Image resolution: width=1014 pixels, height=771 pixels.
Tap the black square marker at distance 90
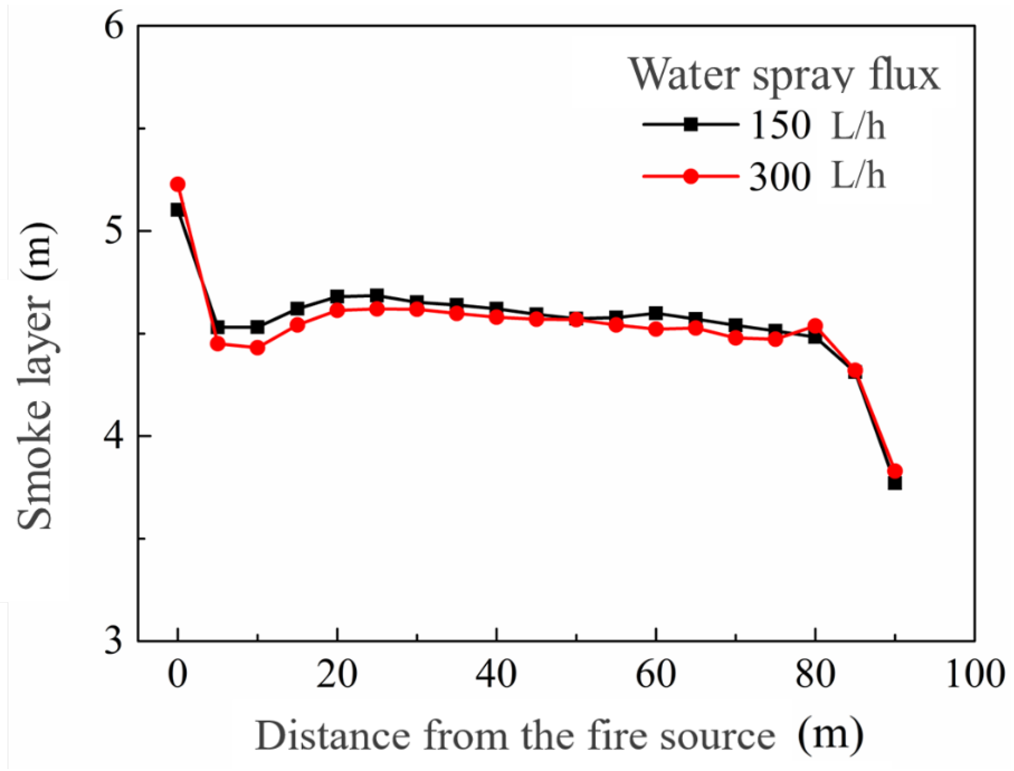pyautogui.click(x=895, y=483)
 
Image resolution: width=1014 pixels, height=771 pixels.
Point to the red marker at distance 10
pyautogui.click(x=258, y=348)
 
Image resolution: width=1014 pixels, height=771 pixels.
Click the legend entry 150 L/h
pyautogui.click(x=817, y=125)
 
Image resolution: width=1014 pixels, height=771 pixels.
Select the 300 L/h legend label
pyautogui.click(x=817, y=177)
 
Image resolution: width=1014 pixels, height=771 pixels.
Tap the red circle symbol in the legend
pyautogui.click(x=691, y=176)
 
